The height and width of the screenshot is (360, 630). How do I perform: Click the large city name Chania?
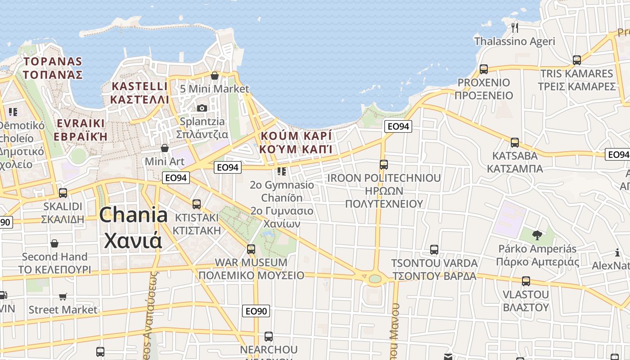[134, 215]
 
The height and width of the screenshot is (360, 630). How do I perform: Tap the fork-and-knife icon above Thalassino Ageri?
[515, 28]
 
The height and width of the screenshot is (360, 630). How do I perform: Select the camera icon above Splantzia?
[202, 108]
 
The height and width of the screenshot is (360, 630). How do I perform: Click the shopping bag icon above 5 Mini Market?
[215, 75]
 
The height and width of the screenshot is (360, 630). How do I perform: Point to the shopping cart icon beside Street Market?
[63, 297]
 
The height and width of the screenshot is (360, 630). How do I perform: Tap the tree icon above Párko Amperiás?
[537, 235]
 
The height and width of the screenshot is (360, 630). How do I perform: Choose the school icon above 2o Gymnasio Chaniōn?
[282, 171]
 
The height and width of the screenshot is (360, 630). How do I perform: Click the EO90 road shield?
[256, 310]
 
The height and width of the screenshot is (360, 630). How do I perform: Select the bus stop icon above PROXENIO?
[484, 69]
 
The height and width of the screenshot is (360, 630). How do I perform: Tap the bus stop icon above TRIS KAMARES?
[577, 60]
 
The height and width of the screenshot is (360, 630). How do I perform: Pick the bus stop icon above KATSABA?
[515, 143]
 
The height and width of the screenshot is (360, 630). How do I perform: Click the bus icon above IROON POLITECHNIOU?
[384, 165]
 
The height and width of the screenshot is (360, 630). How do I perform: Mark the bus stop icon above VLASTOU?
[526, 281]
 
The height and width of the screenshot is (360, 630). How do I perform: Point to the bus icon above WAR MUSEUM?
[251, 249]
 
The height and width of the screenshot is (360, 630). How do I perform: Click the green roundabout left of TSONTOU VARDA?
[375, 279]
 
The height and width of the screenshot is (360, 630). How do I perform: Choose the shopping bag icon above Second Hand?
[54, 243]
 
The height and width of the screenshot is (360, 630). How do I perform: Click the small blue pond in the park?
[268, 234]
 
